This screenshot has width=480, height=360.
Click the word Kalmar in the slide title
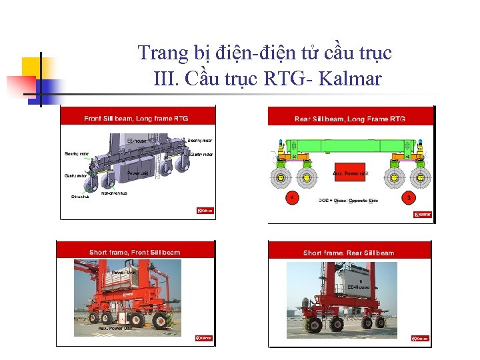351,79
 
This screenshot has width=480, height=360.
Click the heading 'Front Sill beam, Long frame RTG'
136,119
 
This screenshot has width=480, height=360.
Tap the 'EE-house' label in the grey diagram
137,141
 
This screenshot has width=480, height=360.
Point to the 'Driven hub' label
79,197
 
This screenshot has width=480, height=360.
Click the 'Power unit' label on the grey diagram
137,174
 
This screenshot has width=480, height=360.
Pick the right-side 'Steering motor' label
200,141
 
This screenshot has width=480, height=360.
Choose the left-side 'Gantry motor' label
75,176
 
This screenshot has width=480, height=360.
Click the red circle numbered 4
291,198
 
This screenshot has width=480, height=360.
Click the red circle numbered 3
408,198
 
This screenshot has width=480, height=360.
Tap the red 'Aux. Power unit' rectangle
350,173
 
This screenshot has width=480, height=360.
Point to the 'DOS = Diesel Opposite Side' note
349,200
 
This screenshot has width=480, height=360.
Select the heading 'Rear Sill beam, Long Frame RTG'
350,119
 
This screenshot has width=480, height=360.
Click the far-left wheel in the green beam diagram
281,178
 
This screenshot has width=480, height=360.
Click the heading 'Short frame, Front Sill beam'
135,252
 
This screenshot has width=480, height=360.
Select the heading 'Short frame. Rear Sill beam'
349,253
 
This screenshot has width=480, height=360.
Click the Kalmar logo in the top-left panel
205,210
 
